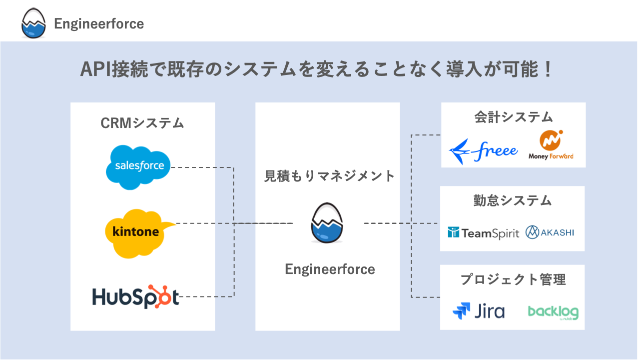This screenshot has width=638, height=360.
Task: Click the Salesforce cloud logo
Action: [138, 167]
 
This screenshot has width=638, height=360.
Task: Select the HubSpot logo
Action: [135, 296]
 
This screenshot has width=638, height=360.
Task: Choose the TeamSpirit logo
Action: [484, 232]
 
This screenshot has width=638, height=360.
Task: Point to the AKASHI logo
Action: [550, 232]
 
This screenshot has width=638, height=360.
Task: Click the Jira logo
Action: [478, 311]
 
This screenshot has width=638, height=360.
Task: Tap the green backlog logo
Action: [553, 312]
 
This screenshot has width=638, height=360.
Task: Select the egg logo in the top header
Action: [33, 24]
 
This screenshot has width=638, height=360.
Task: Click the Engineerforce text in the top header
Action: [99, 24]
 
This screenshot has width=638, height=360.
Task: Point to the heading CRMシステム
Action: [142, 123]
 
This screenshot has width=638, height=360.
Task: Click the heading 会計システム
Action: [513, 117]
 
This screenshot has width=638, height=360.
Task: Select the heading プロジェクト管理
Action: [513, 279]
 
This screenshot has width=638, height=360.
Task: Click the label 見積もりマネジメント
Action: [329, 176]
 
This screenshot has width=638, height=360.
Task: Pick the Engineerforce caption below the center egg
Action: [330, 269]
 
